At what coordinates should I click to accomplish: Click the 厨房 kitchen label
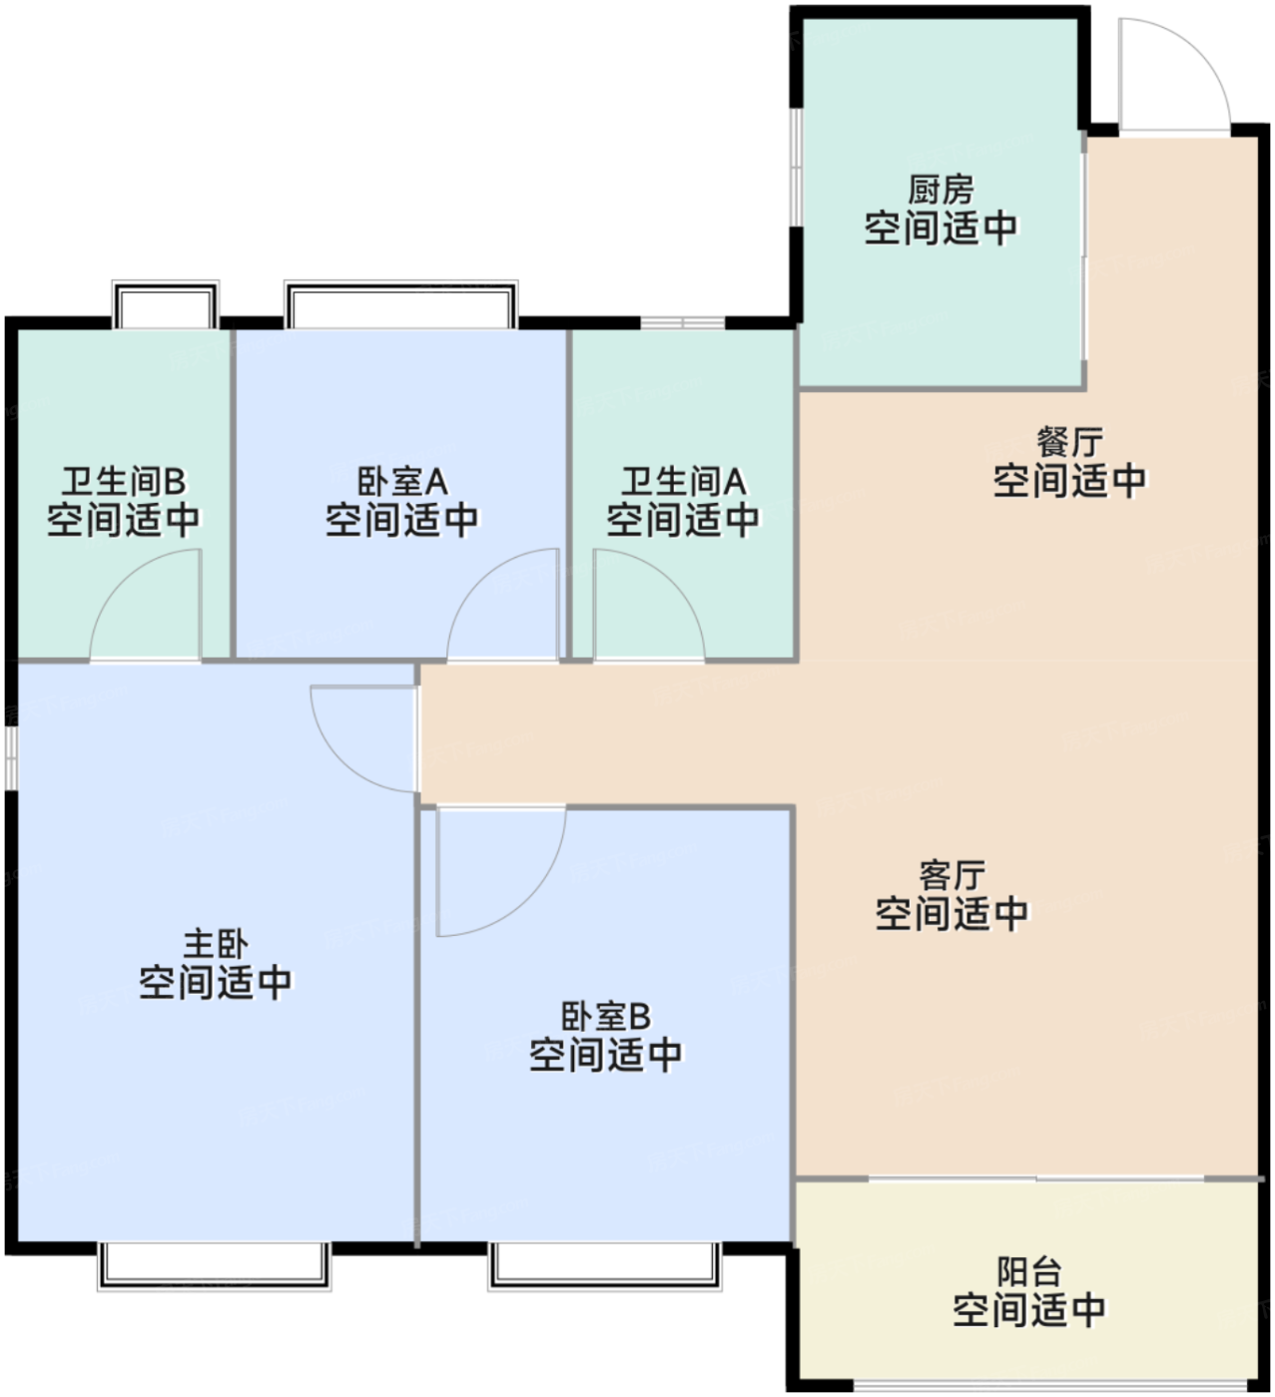(x=940, y=189)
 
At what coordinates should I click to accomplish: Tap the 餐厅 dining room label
(x=1068, y=441)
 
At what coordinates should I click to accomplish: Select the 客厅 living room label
(x=952, y=875)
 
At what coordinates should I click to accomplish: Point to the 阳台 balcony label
(x=1028, y=1271)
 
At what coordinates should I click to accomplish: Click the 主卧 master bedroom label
(x=215, y=943)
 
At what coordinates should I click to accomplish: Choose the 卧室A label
(x=402, y=482)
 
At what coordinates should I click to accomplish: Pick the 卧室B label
(x=605, y=1016)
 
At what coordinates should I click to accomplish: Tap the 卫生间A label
(x=683, y=482)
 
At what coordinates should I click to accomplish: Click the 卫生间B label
(x=124, y=482)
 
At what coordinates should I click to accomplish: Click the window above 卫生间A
(x=682, y=322)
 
